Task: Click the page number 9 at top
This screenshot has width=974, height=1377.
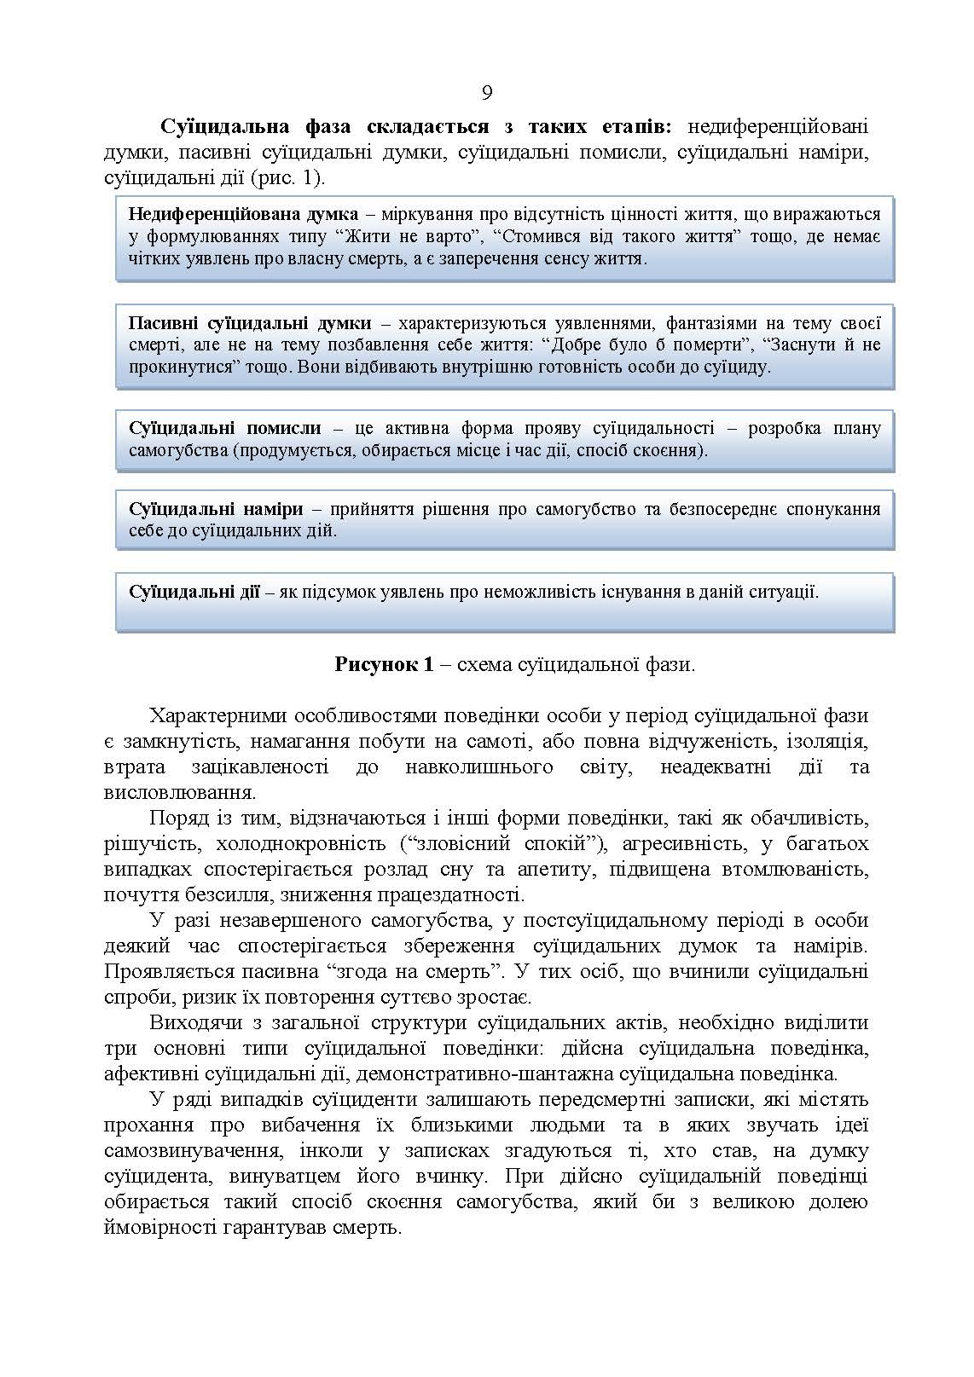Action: point(487,93)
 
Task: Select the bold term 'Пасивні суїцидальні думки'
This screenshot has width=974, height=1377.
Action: point(250,323)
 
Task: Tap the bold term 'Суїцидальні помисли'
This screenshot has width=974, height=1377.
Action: point(224,428)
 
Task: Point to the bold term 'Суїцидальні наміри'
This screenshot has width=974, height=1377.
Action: point(216,509)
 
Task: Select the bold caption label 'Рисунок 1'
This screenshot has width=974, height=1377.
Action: point(386,664)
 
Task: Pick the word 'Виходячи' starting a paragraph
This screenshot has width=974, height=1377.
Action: point(193,1022)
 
